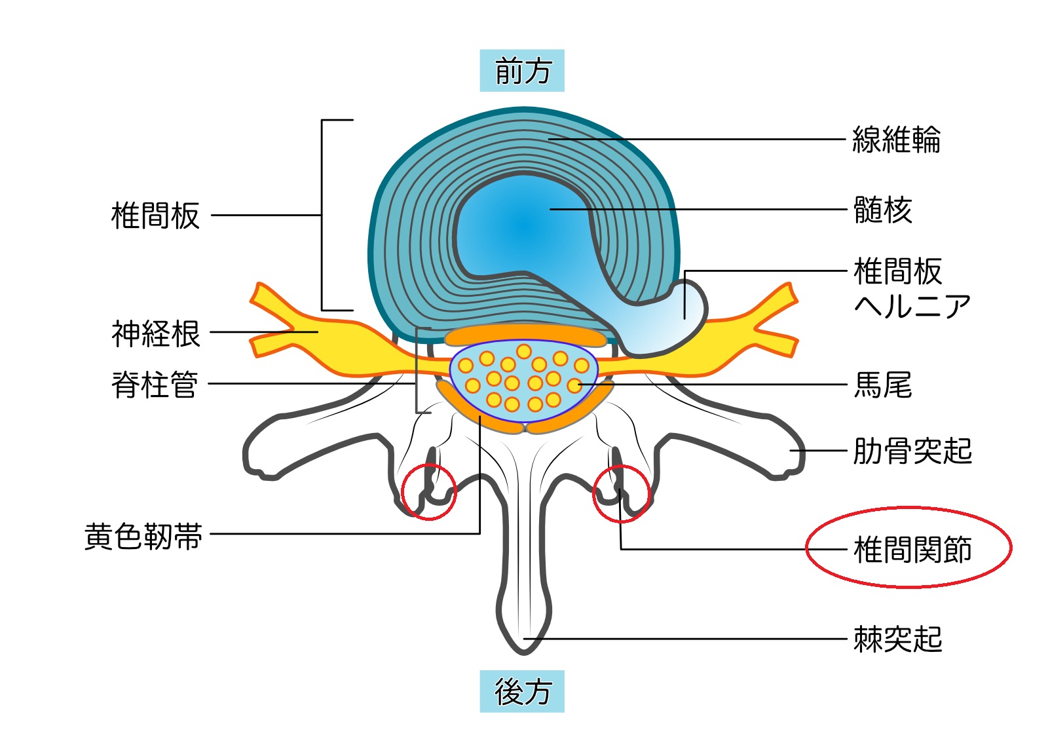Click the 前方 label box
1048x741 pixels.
(521, 70)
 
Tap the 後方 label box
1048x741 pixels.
(521, 691)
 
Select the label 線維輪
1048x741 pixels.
(895, 140)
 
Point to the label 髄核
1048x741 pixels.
(882, 210)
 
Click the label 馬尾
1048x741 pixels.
(882, 385)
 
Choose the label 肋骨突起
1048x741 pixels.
(912, 451)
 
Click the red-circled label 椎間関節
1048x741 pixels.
(911, 548)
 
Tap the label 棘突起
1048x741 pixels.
(897, 639)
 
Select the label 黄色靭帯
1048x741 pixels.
(143, 536)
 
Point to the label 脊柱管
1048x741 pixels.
(155, 384)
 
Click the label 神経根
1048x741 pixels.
(155, 333)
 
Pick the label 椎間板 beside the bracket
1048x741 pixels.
(155, 216)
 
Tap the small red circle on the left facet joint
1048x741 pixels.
(428, 492)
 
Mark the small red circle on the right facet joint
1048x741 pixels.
(621, 493)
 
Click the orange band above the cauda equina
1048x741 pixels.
(525, 335)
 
